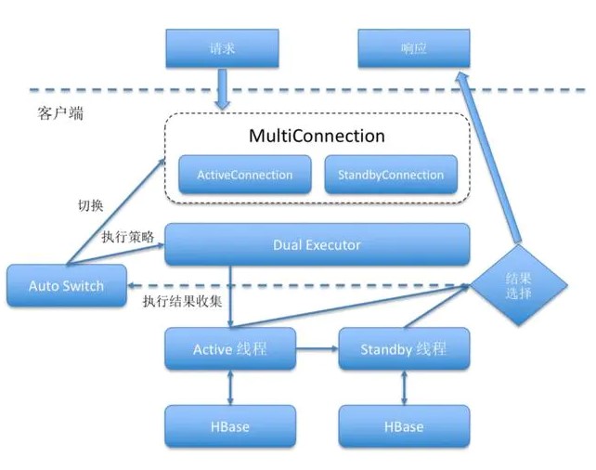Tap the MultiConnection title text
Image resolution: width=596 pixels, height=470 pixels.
(x=317, y=136)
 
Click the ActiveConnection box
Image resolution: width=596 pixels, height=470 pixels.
(x=244, y=175)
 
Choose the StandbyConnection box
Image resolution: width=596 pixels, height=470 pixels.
(x=391, y=175)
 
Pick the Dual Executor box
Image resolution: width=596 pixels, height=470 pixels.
(x=317, y=245)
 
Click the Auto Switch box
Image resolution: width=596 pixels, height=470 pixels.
(x=67, y=285)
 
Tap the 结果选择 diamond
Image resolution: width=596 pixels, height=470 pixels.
(x=519, y=285)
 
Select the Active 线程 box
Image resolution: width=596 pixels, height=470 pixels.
(x=230, y=349)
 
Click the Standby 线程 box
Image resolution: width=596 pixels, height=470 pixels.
(x=404, y=349)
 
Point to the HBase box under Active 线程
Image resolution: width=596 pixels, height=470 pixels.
(x=230, y=426)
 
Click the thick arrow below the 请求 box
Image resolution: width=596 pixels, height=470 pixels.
(x=224, y=91)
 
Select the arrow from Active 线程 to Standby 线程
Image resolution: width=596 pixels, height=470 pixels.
(x=316, y=349)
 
